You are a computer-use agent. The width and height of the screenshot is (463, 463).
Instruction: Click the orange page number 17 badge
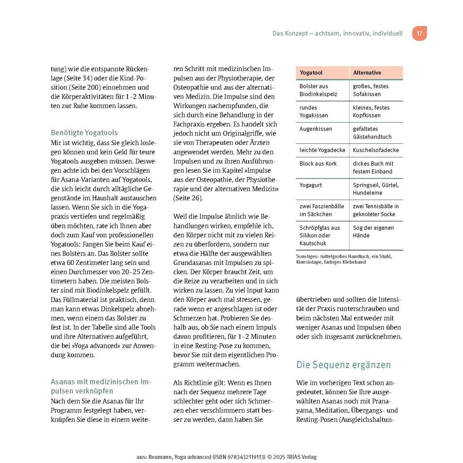point(419,33)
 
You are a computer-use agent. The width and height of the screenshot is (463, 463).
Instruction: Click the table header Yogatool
point(311,73)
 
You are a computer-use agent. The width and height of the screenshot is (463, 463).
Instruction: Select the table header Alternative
point(367,73)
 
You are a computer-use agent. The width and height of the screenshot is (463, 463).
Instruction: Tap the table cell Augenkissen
point(316,129)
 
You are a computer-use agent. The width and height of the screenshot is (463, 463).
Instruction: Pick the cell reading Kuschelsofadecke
point(376,150)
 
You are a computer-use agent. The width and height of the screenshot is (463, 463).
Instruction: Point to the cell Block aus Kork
point(318,164)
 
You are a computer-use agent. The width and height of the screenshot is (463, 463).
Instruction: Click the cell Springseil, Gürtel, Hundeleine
point(376,189)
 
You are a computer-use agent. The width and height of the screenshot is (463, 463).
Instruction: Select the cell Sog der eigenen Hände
point(373,231)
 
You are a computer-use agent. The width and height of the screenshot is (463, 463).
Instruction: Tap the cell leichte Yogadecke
point(322,150)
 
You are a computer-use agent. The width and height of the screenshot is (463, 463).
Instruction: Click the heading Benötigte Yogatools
point(84,133)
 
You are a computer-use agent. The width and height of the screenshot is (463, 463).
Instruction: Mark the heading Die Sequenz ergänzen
point(343,365)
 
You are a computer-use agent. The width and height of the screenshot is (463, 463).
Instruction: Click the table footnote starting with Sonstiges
point(344,259)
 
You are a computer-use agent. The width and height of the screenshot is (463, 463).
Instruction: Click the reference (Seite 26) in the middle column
point(188,198)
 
